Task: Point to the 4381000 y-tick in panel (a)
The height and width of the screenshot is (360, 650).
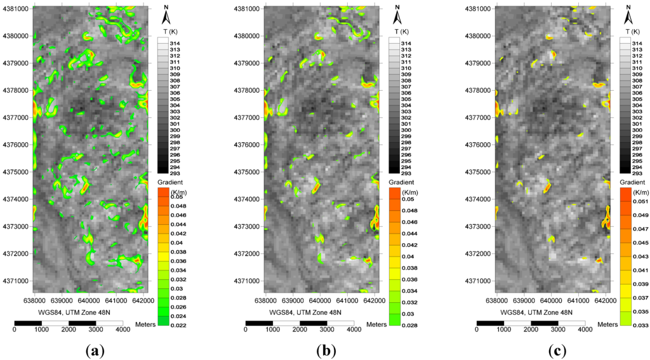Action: point(15,9)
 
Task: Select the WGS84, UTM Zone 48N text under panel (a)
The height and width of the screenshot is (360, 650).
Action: point(70,312)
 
